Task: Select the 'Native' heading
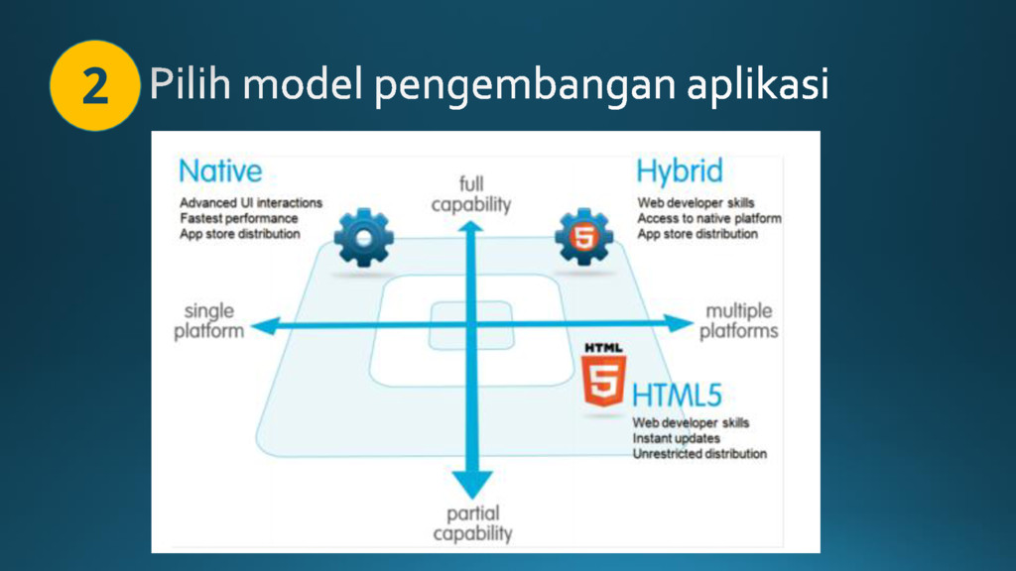pos(220,171)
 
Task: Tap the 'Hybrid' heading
pos(679,171)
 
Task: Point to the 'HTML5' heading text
pos(677,396)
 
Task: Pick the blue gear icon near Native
pos(364,238)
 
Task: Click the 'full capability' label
pos(471,194)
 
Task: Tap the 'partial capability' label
pos(472,523)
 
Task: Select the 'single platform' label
pos(209,321)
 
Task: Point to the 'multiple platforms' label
pos(739,321)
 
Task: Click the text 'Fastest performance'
pos(239,218)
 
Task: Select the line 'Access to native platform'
pos(709,218)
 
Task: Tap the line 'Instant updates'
pos(677,438)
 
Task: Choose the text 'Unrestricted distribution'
pos(699,454)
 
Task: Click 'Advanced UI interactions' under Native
pos(251,202)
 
